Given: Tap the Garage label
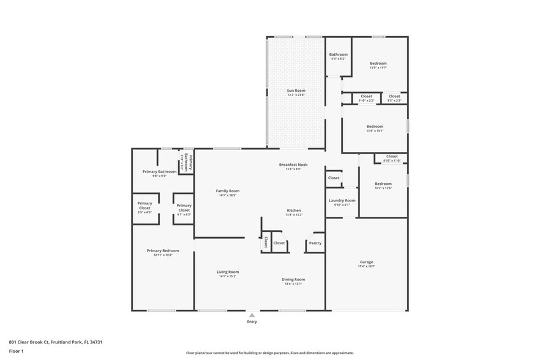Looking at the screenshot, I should pyautogui.click(x=366, y=261).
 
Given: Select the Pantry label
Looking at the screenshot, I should pyautogui.click(x=315, y=243).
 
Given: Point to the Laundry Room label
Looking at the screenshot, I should pyautogui.click(x=342, y=201).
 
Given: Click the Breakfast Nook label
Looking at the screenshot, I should pyautogui.click(x=293, y=165).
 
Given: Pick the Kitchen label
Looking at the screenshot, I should pyautogui.click(x=294, y=211).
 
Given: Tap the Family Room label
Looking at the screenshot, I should pyautogui.click(x=227, y=191).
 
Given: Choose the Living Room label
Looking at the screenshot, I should pyautogui.click(x=227, y=272).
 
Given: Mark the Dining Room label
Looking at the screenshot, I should pyautogui.click(x=293, y=280).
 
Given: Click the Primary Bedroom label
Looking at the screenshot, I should pyautogui.click(x=163, y=250).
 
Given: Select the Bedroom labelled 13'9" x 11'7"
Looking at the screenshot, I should pyautogui.click(x=378, y=64).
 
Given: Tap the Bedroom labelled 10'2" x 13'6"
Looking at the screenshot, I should pyautogui.click(x=383, y=184).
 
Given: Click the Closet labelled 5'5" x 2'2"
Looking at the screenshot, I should pyautogui.click(x=394, y=97).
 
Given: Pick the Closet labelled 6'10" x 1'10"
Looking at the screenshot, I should pyautogui.click(x=391, y=157).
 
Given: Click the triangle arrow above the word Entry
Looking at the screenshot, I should pyautogui.click(x=252, y=315).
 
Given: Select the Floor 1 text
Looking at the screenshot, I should pyautogui.click(x=16, y=351).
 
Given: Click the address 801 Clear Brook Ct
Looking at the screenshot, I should pyautogui.click(x=55, y=342).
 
